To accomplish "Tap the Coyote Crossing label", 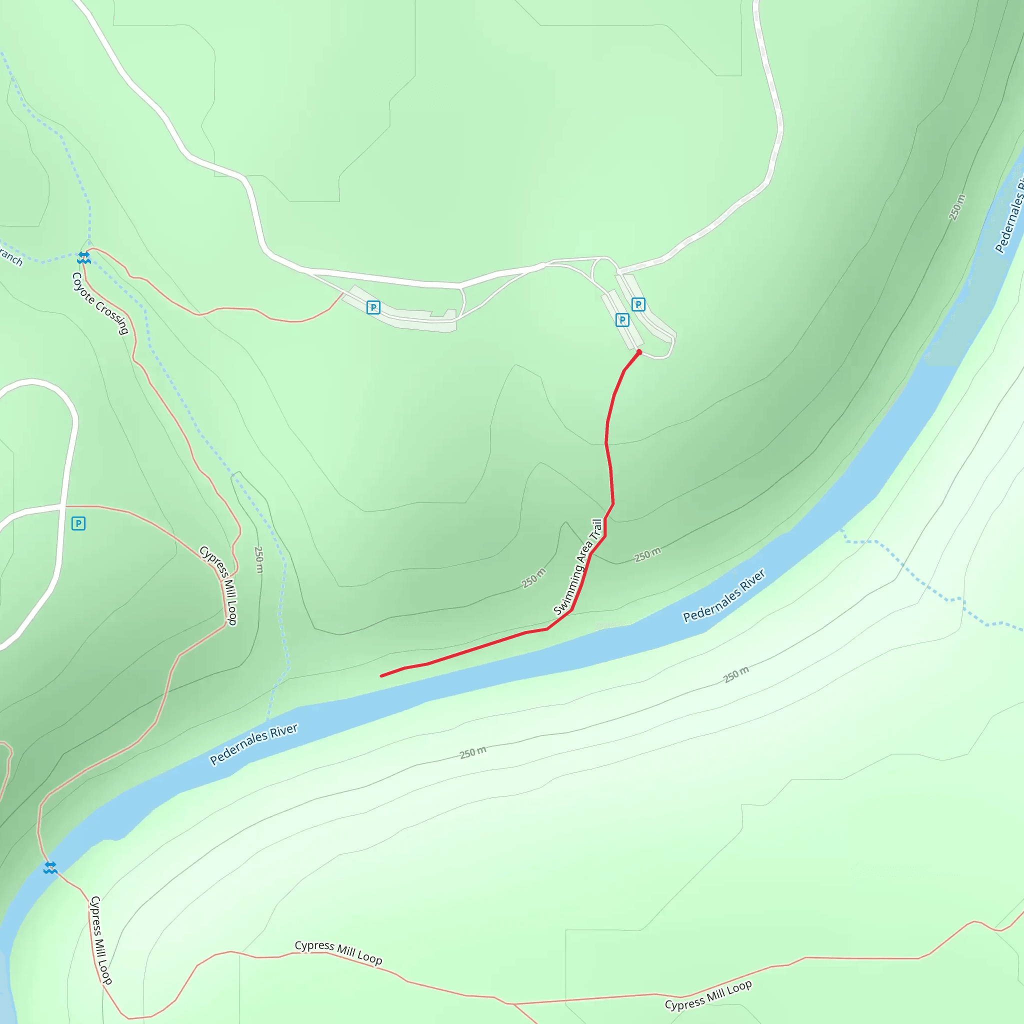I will (100, 303).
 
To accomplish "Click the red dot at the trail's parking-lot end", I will (639, 352).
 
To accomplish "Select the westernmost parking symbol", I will (78, 523).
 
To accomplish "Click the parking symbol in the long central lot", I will (373, 307).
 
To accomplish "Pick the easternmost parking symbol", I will (638, 304).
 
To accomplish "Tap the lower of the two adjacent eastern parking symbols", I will (622, 320).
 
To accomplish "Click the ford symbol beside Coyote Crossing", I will (83, 258).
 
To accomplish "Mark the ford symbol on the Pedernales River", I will (50, 867).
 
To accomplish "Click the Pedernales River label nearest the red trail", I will (723, 595).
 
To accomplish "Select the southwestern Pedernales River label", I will (253, 744).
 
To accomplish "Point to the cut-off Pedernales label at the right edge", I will (1009, 217).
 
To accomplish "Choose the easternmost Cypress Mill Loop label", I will (708, 995).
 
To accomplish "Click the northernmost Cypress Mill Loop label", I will (218, 585).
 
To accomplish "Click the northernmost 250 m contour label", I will (956, 207).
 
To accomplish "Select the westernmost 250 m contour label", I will (258, 559).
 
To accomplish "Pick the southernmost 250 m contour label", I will (473, 752).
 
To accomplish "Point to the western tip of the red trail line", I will (381, 676).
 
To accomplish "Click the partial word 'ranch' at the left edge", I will (10, 256).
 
